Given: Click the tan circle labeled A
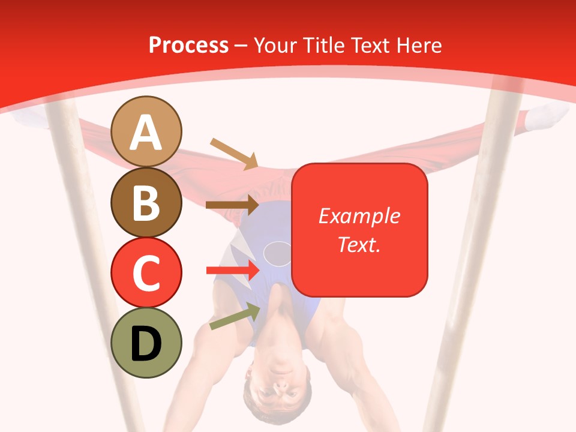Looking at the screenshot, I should [x=146, y=131].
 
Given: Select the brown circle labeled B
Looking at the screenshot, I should [x=146, y=202].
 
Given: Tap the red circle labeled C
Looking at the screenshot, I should [x=146, y=272].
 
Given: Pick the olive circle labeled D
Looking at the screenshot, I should [x=146, y=343].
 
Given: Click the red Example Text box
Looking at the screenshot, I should [x=359, y=230].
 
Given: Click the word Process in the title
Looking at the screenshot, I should [x=188, y=45].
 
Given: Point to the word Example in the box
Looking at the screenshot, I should [x=359, y=216].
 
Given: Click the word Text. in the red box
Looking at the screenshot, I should [x=359, y=244].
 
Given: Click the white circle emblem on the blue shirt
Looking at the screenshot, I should [x=278, y=253].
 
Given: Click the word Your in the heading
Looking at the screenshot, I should [x=275, y=45].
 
